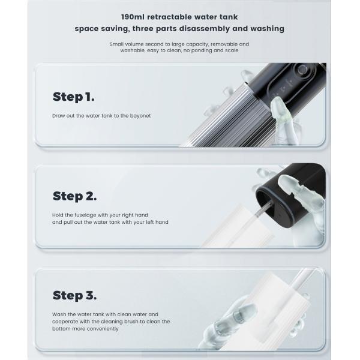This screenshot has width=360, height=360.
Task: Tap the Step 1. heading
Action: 73,97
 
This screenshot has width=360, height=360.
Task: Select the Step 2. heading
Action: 74,196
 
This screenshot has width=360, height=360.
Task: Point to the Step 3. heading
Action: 74,295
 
